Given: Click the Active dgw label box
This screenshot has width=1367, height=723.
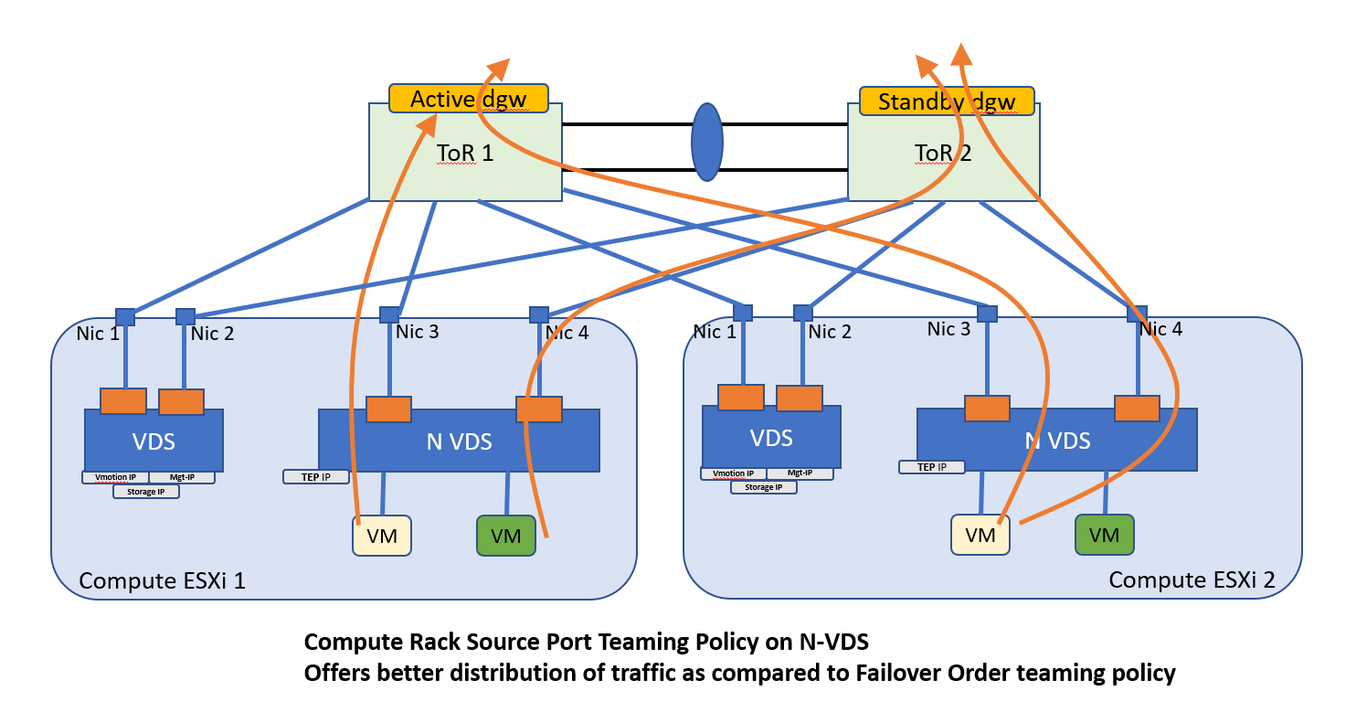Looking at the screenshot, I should point(468,99).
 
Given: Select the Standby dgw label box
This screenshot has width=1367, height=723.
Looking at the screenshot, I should point(947,101).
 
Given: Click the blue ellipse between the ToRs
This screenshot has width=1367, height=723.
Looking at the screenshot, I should point(706,142).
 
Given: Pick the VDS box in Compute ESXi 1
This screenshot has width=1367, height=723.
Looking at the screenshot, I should point(154,442).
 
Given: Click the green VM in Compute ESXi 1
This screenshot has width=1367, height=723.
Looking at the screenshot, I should point(506,536).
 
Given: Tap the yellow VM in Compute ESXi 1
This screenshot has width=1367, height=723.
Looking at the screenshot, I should point(381,536).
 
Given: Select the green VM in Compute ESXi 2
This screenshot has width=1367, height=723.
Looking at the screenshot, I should point(1104,535).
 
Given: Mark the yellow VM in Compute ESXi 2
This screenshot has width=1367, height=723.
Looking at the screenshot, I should point(980,535).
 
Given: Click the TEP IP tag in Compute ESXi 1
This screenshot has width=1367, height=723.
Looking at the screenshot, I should point(316,476).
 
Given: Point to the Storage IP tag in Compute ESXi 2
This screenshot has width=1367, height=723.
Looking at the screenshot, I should point(763,487).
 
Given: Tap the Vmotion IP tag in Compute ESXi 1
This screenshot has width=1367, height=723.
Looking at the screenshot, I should point(114,477).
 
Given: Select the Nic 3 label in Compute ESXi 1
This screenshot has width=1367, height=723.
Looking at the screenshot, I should point(417,332).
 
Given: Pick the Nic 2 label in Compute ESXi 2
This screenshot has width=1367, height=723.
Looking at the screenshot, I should point(830,332).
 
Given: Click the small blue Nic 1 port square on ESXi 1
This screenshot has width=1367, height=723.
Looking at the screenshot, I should point(125,317).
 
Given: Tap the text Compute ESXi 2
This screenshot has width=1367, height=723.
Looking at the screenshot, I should point(1179,579).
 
